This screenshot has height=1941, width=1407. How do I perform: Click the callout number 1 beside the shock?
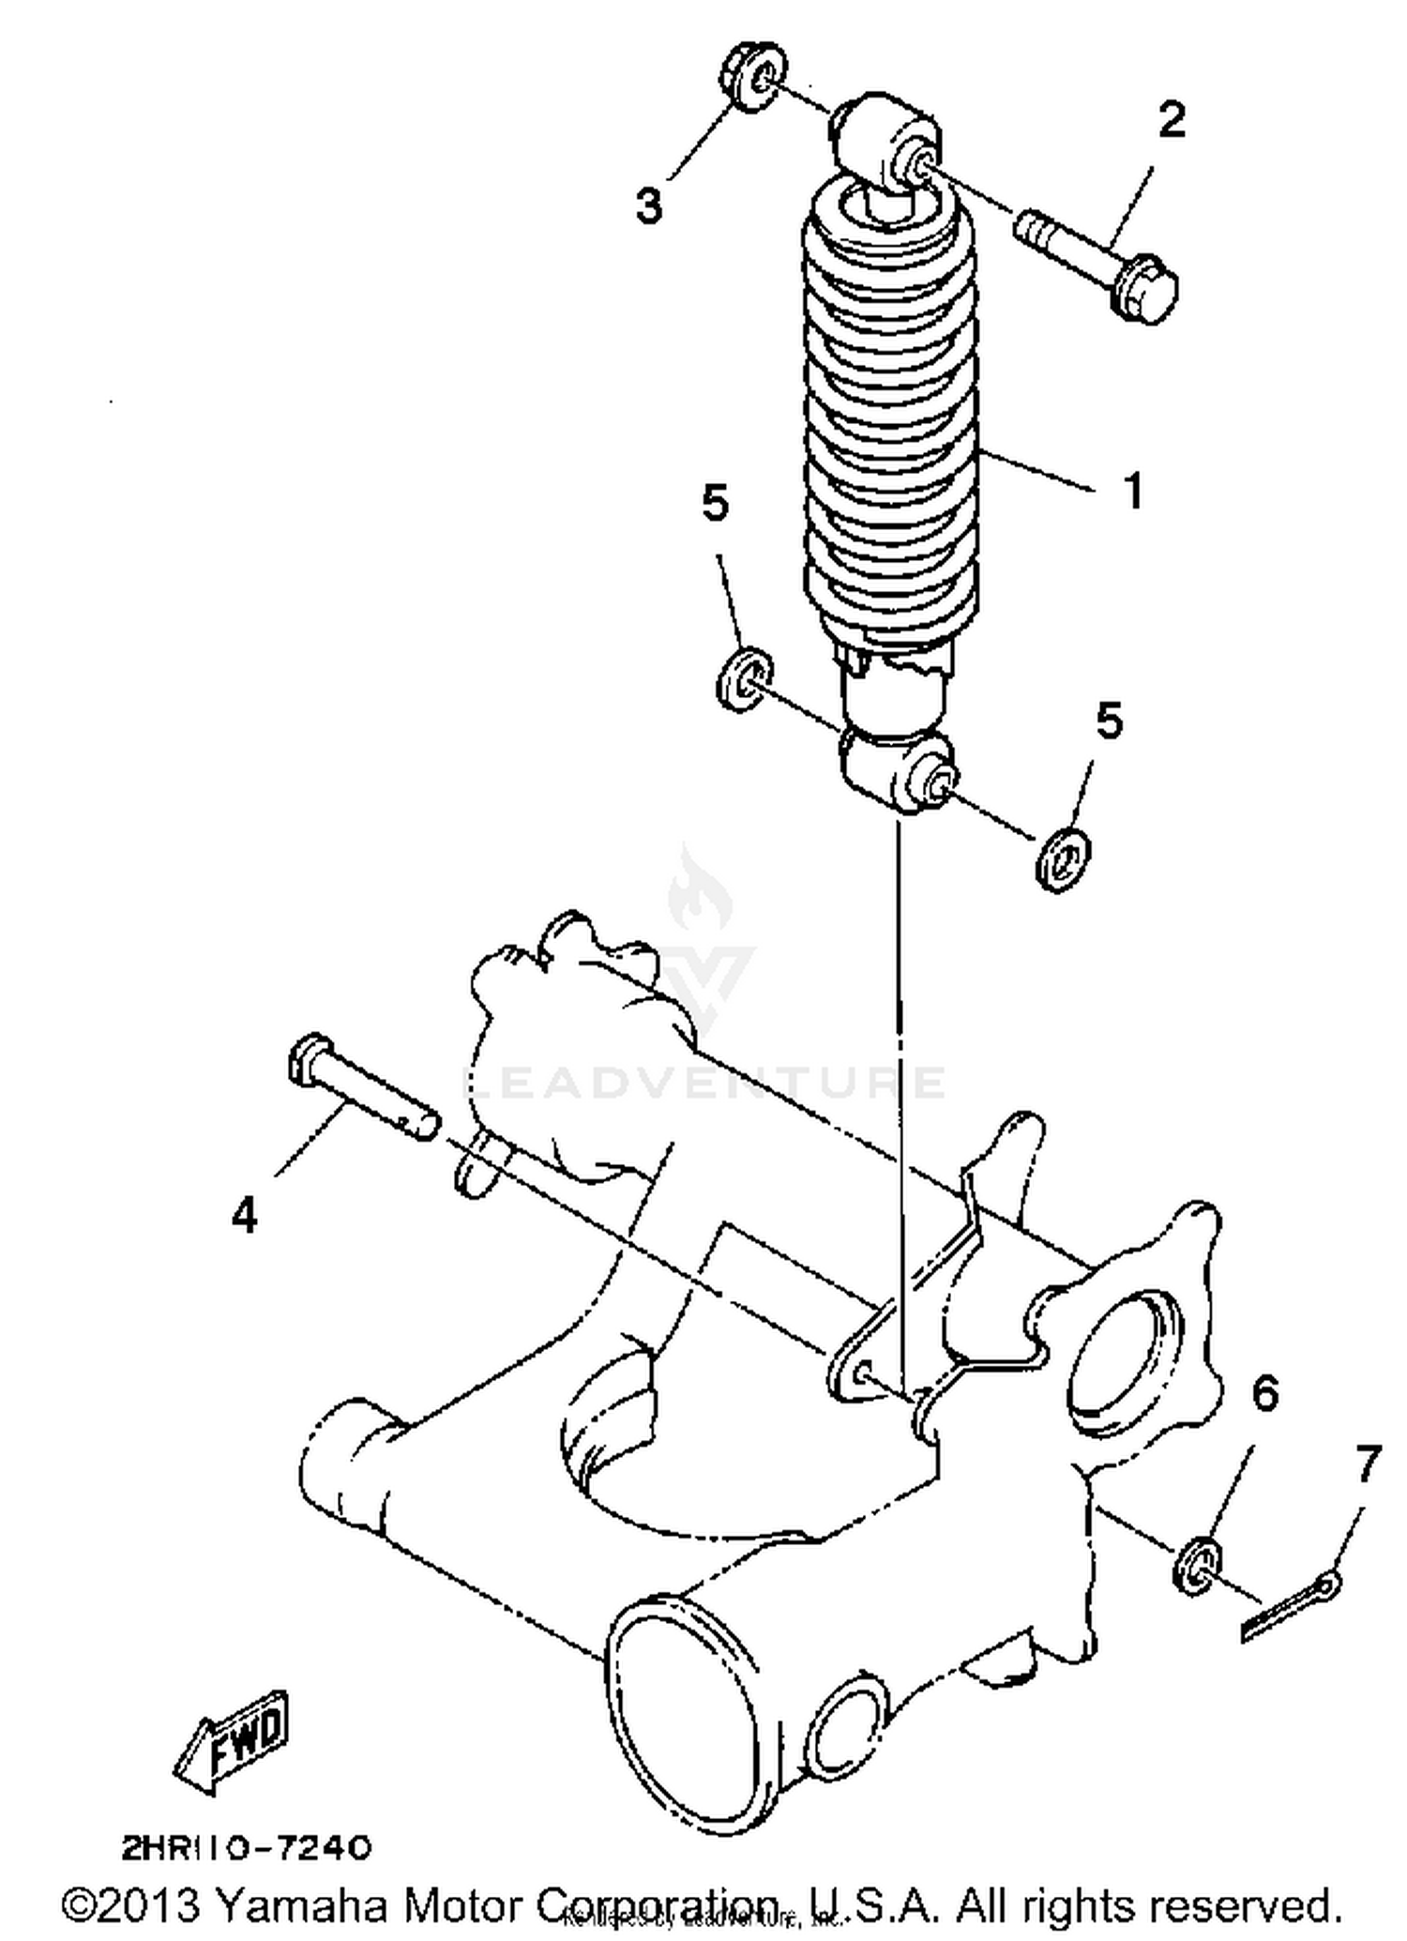(1133, 491)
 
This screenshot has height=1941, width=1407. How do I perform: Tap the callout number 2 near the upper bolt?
(1171, 119)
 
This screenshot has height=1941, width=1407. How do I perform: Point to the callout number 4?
(244, 1217)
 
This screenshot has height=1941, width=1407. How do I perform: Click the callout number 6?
(1265, 1393)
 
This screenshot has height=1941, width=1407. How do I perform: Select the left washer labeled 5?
(744, 677)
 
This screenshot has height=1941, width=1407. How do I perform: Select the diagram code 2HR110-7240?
(247, 1848)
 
